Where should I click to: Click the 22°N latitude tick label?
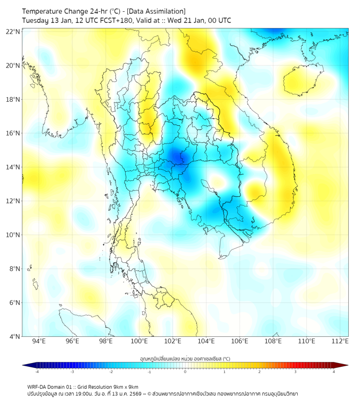point(13,32)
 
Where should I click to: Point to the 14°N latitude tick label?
point(13,167)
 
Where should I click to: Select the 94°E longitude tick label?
point(39,341)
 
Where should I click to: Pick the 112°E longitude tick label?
point(340,341)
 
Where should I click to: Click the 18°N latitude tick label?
point(13,100)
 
